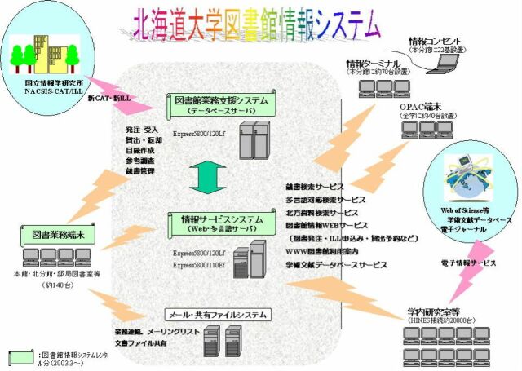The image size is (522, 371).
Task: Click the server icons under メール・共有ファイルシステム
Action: [x=222, y=342]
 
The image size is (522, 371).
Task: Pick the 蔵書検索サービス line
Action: [x=315, y=187]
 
